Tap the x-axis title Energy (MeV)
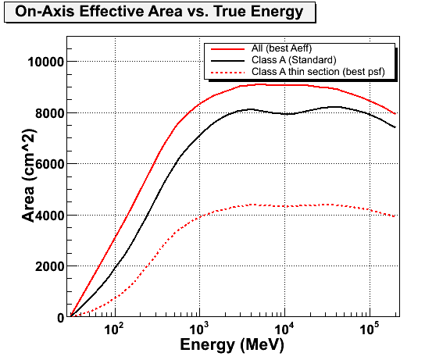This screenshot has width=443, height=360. (x=232, y=345)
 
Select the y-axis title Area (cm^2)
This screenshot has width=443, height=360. (x=29, y=176)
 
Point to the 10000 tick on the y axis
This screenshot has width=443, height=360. (x=46, y=62)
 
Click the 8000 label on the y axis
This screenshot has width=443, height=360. (x=50, y=113)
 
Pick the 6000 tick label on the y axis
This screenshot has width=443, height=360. (x=50, y=164)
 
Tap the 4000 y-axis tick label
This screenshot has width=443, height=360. (x=50, y=216)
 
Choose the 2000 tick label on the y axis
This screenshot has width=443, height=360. (x=50, y=266)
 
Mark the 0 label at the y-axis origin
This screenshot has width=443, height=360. (x=61, y=318)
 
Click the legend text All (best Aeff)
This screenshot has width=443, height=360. (x=282, y=48)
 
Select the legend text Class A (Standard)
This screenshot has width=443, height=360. (x=294, y=60)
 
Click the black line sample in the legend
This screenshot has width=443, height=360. (x=227, y=60)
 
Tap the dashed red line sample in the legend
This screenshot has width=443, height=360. (x=227, y=73)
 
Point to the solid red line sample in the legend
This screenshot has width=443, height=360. (x=227, y=49)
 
